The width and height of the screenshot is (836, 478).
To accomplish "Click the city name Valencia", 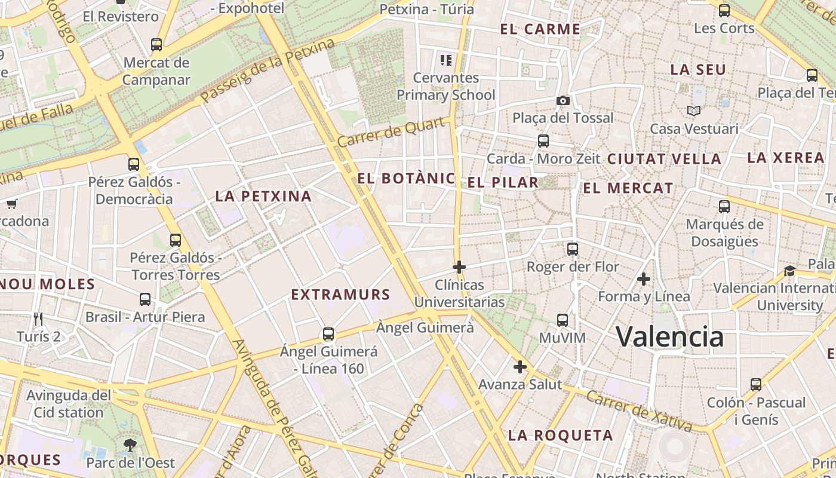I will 669,337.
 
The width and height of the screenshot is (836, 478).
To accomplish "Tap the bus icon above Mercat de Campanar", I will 156,45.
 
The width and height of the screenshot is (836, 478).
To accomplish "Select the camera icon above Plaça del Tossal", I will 563,100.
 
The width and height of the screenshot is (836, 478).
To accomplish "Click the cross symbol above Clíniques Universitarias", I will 459,266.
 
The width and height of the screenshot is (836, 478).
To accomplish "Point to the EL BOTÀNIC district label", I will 406,178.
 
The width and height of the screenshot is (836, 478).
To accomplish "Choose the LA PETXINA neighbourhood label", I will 263,196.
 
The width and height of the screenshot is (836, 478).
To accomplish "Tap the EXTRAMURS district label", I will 340,294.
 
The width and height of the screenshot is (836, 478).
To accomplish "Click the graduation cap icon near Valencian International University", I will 790,271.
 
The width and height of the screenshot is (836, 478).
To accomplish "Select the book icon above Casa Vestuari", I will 693,111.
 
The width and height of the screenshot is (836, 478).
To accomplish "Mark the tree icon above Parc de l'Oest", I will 130,445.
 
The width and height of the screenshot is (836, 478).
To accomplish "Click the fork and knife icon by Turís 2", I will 39,318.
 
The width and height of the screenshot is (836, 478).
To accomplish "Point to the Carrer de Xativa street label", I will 638,410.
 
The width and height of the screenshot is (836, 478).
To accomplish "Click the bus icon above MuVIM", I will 563,320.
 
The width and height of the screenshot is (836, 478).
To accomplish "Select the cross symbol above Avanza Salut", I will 520,366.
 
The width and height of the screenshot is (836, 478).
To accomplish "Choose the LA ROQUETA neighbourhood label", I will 560,436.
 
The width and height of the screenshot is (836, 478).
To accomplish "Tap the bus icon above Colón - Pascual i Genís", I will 756,385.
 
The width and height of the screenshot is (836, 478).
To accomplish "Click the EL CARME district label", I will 540,29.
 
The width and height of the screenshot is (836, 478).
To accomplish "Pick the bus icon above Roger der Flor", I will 573,249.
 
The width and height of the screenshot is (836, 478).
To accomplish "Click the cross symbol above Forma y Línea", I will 644,279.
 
